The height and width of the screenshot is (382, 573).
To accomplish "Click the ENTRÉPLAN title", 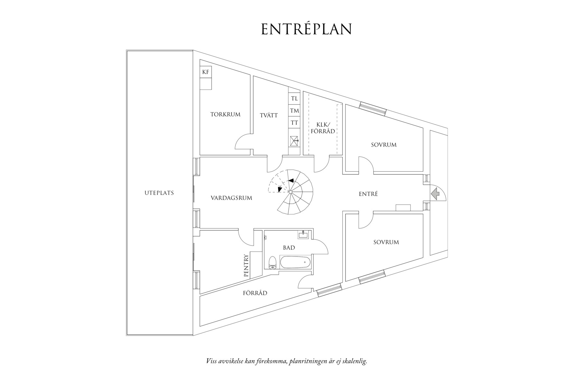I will point(306,29).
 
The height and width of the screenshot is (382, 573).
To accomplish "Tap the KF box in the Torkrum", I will point(206,72).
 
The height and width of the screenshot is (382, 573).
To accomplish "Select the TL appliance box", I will point(294,98).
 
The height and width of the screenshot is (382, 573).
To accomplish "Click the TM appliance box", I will point(294,111).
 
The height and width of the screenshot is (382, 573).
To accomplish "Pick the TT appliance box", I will point(294,123).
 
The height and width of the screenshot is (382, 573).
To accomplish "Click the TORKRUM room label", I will point(225,114).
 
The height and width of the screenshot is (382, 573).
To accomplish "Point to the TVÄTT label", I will point(269,115).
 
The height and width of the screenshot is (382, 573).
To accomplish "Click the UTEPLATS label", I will point(159,193).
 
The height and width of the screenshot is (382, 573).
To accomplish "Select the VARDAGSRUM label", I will point(231,198).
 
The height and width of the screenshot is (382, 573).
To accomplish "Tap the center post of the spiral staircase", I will point(290,192).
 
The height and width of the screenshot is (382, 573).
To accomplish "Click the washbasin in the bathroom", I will point(303,235).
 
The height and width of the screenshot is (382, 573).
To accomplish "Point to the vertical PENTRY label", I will point(246,266).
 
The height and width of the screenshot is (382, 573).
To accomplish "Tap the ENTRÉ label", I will point(368,194).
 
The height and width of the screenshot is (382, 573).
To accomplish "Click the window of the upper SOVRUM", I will point(373,108).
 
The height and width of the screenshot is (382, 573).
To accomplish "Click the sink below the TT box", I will point(294,139).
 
